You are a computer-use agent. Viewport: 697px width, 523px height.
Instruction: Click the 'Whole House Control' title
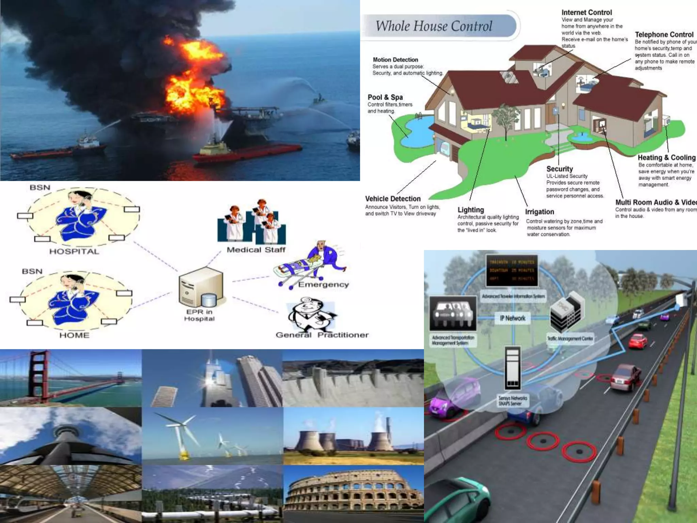434,26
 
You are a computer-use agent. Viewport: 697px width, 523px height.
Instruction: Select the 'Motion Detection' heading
395,60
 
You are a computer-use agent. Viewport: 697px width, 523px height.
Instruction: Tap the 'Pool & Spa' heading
385,97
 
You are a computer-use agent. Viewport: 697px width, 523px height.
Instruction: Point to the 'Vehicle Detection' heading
393,199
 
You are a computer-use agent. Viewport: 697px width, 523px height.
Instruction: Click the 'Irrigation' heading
539,212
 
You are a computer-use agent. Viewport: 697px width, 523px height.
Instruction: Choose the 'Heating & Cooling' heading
666,158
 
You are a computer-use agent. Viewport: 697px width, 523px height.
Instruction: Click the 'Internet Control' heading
586,13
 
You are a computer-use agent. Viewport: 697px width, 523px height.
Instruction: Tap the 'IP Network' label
513,318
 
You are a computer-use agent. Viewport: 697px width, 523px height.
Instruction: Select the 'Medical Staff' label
256,250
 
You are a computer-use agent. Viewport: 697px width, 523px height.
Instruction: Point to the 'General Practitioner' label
322,335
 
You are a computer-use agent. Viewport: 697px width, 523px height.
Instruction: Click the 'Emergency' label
323,285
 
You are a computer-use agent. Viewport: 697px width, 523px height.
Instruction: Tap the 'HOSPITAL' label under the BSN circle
74,252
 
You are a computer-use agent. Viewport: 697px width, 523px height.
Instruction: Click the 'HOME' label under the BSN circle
74,335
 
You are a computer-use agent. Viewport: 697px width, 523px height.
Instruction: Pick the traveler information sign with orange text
512,271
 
